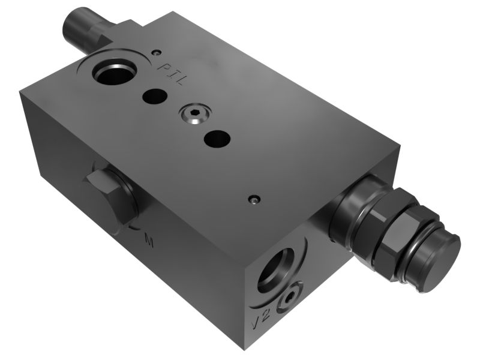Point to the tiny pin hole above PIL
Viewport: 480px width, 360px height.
coord(157,52)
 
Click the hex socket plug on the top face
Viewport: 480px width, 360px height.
coord(196,115)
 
